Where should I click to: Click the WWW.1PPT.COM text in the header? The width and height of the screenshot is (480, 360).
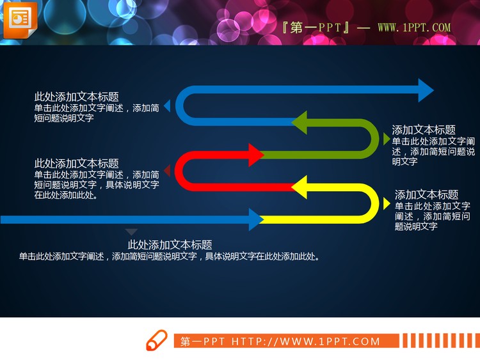414,28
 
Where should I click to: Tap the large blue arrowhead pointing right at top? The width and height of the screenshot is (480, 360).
425,90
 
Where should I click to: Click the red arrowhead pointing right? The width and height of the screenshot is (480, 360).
255,155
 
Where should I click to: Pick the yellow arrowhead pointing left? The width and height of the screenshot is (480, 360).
300,187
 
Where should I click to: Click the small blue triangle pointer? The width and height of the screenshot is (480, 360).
167,106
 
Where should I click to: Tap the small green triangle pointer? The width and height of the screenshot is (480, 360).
386,139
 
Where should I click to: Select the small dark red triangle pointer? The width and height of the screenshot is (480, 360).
167,171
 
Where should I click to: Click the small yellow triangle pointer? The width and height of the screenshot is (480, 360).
386,203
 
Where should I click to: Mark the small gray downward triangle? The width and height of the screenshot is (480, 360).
131,231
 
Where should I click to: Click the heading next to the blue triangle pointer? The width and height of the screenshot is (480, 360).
76,97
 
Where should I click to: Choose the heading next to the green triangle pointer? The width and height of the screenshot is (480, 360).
423,130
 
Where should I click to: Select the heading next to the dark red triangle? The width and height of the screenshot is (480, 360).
76,164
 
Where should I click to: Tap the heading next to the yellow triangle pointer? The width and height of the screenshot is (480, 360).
426,195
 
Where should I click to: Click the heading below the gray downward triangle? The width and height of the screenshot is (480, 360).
170,245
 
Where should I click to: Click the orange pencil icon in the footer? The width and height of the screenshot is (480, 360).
157,340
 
